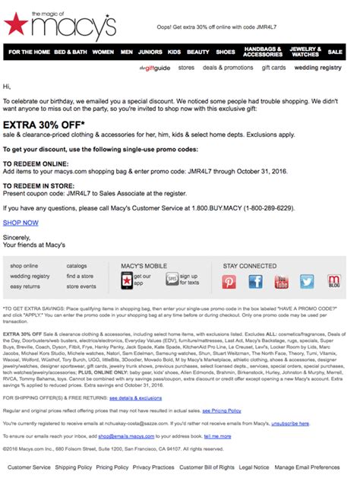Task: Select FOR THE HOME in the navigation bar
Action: [29, 52]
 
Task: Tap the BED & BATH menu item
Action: [70, 52]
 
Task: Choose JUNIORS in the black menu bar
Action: [150, 52]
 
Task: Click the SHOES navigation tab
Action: [226, 52]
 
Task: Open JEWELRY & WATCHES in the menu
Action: [304, 52]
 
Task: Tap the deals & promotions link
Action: [228, 68]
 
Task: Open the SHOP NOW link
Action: [21, 223]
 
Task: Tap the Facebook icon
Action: [255, 282]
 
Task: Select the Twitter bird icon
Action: [307, 282]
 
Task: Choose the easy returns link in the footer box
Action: [25, 286]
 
